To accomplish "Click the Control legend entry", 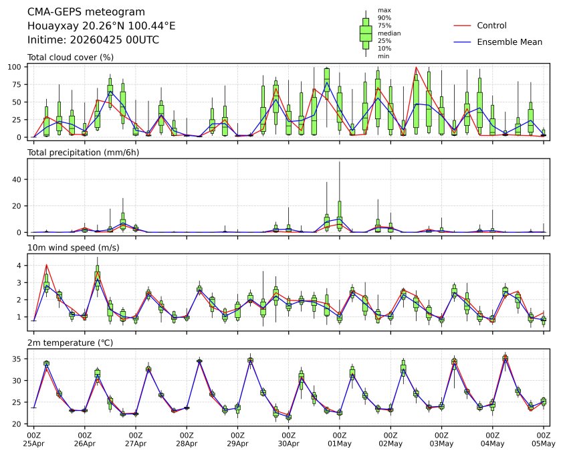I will point(491,25).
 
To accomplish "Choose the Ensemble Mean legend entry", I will point(509,41).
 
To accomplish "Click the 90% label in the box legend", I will point(384,17).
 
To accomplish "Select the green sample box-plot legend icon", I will point(366,33).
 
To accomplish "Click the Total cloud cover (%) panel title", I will point(70,57).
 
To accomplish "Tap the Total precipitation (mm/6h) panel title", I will point(80,153).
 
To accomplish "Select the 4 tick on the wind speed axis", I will point(21,266).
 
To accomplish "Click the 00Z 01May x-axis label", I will point(339,439).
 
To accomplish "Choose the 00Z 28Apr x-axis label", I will point(187,439).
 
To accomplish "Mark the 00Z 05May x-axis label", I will point(543,439).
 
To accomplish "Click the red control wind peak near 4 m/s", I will point(46,264).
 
